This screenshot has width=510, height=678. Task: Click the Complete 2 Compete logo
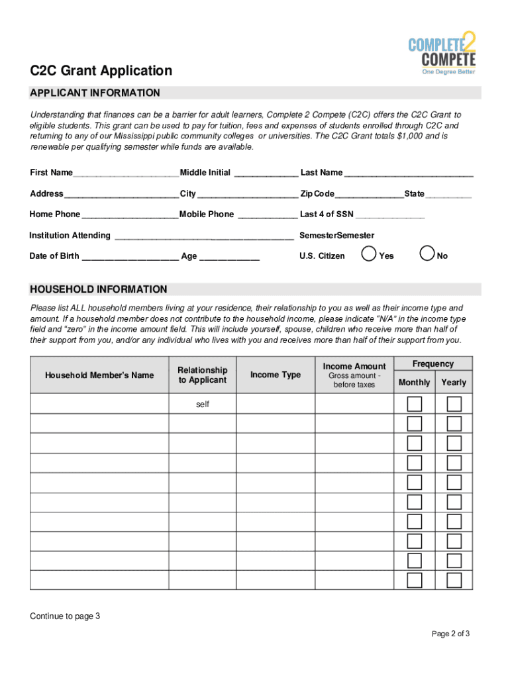[x=441, y=54]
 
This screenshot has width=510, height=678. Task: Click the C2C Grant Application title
[x=101, y=71]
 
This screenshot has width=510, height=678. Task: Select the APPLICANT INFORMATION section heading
[x=95, y=93]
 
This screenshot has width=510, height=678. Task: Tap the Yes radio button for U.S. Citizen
[x=369, y=254]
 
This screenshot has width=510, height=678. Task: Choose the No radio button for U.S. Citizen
[x=428, y=254]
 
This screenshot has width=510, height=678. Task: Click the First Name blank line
[x=126, y=175]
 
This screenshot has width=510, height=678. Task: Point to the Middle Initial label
[x=205, y=173]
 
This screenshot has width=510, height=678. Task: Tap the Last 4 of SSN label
[x=327, y=215]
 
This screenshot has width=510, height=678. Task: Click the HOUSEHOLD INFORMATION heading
[x=98, y=289]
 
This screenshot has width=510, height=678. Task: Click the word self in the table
[x=203, y=404]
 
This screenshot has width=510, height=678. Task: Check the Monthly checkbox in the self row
[x=415, y=404]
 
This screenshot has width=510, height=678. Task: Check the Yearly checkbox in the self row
[x=454, y=404]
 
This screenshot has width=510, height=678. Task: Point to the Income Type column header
[x=276, y=375]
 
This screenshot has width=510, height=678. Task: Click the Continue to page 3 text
[x=65, y=616]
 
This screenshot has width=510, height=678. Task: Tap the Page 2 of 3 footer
[x=450, y=634]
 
